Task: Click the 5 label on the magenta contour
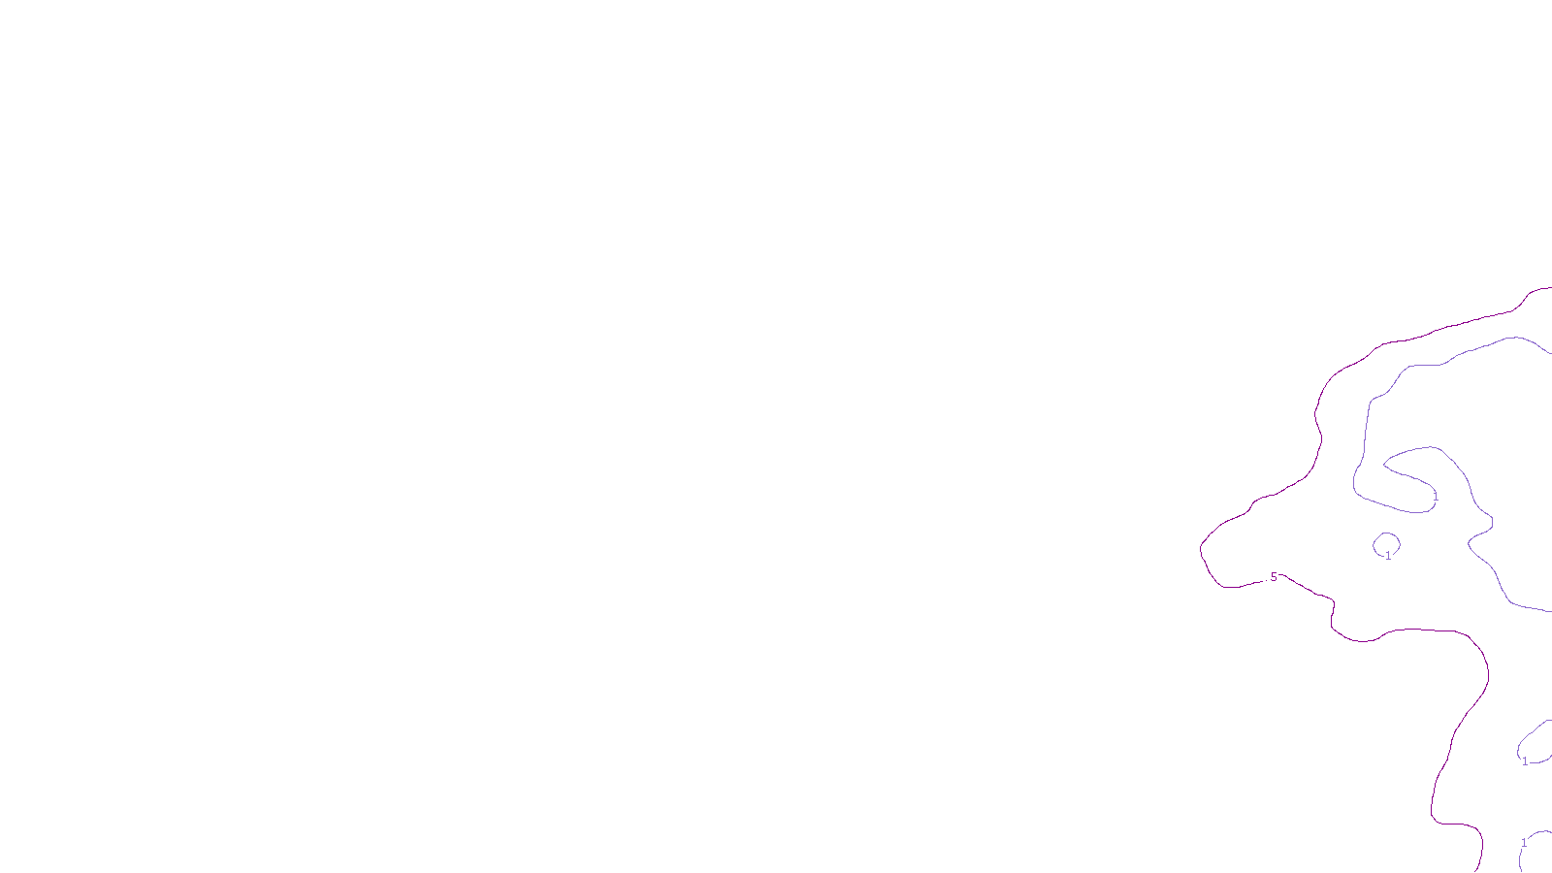(1274, 577)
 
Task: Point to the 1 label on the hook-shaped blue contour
(1436, 497)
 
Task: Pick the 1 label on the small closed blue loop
(1388, 556)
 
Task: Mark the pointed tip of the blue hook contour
(1384, 466)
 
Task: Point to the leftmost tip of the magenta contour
(1202, 548)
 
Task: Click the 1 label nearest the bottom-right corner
(1524, 843)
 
